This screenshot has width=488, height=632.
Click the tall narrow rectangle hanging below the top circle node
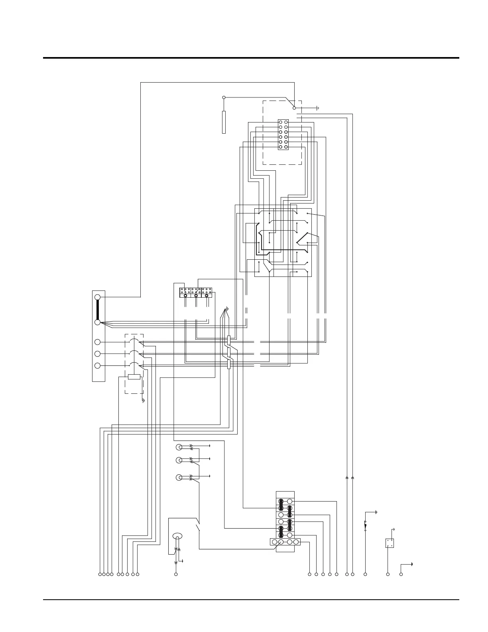pyautogui.click(x=224, y=122)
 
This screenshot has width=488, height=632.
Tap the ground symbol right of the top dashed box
pyautogui.click(x=318, y=108)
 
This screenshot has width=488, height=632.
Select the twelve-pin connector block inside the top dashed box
pyautogui.click(x=283, y=135)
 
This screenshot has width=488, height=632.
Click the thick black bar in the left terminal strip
pyautogui.click(x=97, y=310)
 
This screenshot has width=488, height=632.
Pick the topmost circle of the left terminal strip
pyautogui.click(x=97, y=297)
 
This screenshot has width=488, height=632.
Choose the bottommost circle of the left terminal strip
pyautogui.click(x=97, y=365)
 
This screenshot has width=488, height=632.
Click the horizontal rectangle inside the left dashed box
pyautogui.click(x=134, y=377)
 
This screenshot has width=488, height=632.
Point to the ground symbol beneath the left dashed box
pyautogui.click(x=143, y=400)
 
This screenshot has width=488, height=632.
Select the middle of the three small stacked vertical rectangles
pyautogui.click(x=229, y=352)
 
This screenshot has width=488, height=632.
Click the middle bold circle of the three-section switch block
pyautogui.click(x=196, y=296)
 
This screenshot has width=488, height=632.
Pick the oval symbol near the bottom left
pyautogui.click(x=177, y=536)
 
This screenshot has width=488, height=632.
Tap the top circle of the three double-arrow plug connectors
pyautogui.click(x=179, y=447)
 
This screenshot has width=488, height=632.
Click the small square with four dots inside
pyautogui.click(x=390, y=543)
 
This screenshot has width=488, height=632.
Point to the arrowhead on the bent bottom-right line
pyautogui.click(x=411, y=564)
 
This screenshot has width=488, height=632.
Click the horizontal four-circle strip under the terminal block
pyautogui.click(x=285, y=541)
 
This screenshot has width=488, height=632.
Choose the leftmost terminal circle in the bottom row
pyautogui.click(x=100, y=574)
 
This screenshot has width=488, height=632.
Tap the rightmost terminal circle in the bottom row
pyautogui.click(x=401, y=574)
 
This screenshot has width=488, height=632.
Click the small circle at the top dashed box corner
pyautogui.click(x=294, y=108)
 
